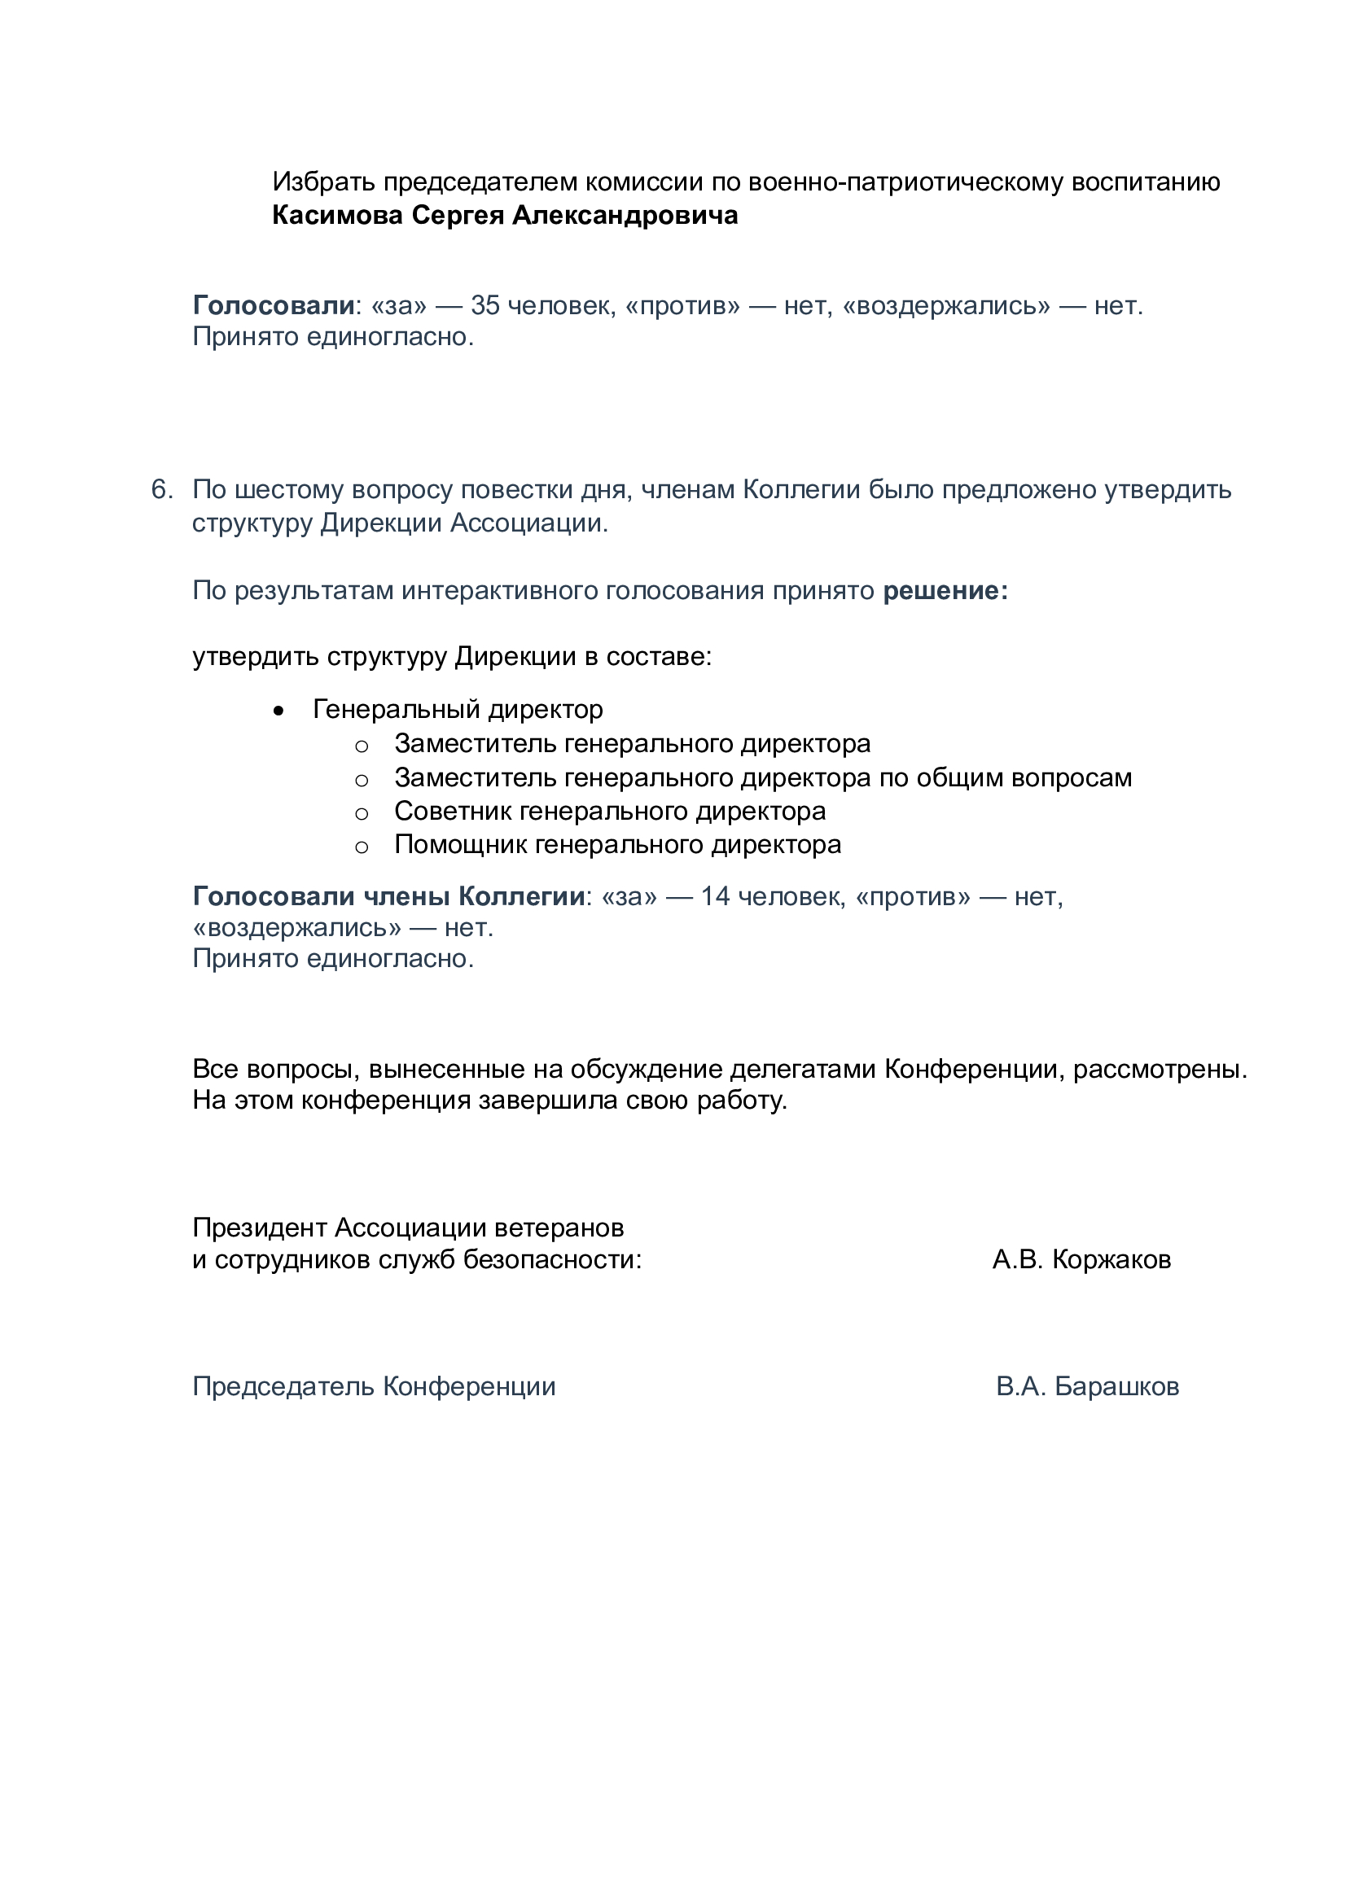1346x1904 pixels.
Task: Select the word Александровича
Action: click(625, 216)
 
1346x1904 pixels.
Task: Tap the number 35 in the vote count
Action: click(485, 306)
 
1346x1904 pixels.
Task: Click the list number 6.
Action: click(161, 489)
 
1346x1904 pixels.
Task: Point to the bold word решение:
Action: click(945, 590)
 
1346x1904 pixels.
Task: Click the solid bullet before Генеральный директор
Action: click(278, 711)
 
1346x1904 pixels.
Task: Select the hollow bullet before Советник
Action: click(362, 813)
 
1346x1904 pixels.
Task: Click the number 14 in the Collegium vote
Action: click(715, 896)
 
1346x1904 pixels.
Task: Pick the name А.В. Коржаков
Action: click(1081, 1259)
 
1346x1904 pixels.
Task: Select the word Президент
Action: click(259, 1228)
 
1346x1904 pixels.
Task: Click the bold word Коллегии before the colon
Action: click(522, 896)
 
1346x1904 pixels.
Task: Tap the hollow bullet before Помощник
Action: click(362, 847)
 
